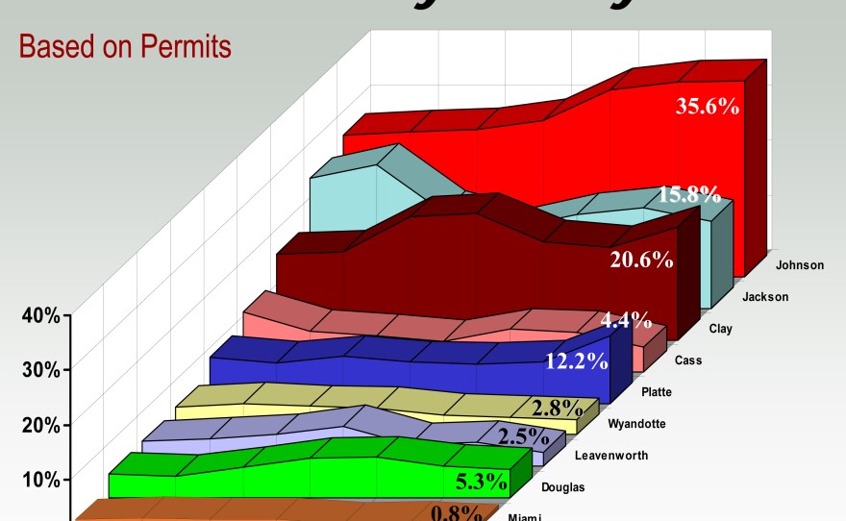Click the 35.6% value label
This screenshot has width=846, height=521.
click(x=708, y=107)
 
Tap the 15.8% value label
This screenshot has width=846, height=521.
click(x=689, y=195)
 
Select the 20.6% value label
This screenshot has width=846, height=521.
click(x=641, y=259)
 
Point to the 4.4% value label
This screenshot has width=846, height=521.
click(x=626, y=320)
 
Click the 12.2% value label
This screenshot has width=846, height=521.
click(x=576, y=361)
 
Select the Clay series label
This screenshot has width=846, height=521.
click(x=720, y=329)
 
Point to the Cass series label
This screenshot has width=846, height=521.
click(x=686, y=360)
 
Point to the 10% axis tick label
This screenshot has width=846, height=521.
click(x=41, y=480)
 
